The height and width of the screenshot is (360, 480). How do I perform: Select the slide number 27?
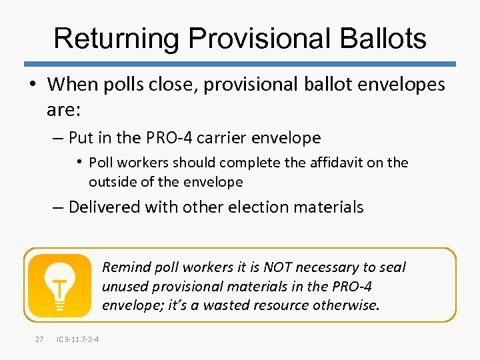point(39,339)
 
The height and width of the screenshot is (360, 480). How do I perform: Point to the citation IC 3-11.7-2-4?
point(79,339)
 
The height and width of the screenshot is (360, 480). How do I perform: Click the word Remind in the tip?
point(126,267)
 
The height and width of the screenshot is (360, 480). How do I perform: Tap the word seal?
point(392,267)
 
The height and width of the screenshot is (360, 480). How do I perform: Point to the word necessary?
point(333,267)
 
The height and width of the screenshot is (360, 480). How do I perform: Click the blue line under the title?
point(240,64)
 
